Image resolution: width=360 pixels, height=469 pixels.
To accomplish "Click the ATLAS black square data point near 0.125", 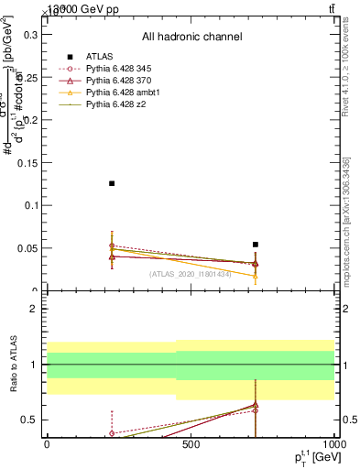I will (112, 183).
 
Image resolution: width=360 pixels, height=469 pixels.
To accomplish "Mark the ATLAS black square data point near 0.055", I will (256, 245).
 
